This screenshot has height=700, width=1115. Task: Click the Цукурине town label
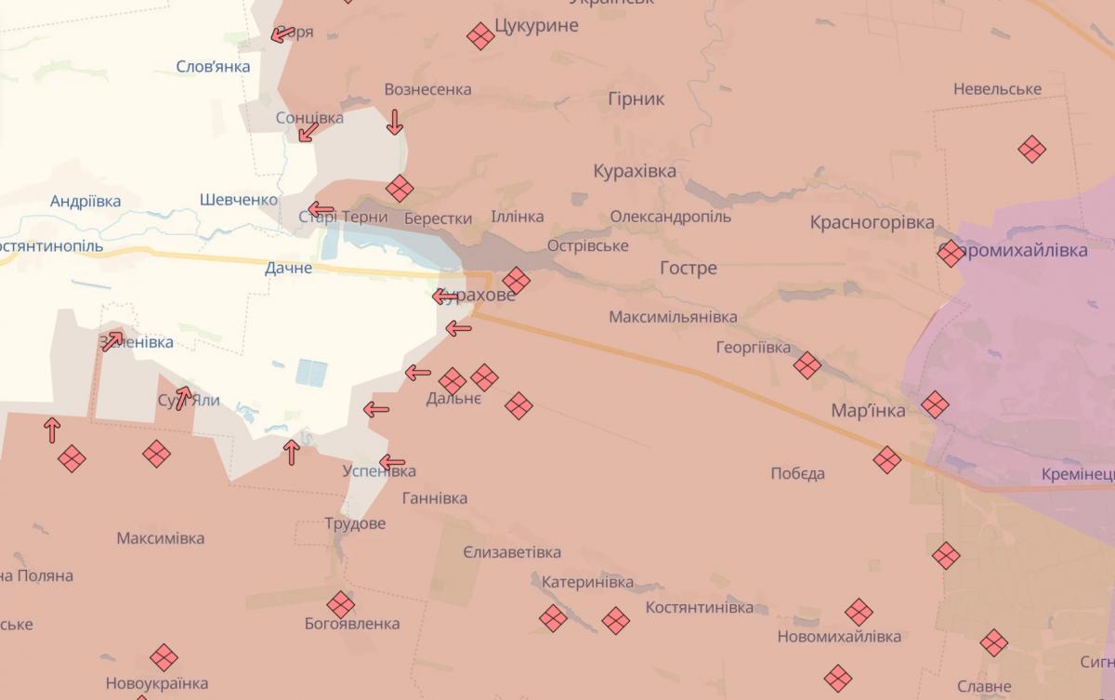[x=537, y=25]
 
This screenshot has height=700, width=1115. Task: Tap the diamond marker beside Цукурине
[x=480, y=36]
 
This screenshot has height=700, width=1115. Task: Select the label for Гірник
[x=636, y=99]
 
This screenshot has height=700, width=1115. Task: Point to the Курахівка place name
[x=635, y=171]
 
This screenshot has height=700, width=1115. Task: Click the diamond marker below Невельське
[x=1032, y=149]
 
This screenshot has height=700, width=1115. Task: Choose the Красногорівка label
[x=872, y=222]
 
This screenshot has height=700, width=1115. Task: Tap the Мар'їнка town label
[x=868, y=411]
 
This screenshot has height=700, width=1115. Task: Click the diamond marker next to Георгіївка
[x=807, y=365]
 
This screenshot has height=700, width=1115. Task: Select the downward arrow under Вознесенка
[x=395, y=122]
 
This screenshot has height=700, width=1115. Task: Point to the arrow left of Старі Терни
[x=321, y=209]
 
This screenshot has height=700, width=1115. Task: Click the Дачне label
[x=288, y=268]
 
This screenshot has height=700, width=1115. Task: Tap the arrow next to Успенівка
[x=392, y=461]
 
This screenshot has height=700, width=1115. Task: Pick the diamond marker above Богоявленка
[x=341, y=604]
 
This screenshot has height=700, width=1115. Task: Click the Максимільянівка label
[x=673, y=317]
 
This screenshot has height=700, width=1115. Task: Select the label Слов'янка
[x=213, y=67]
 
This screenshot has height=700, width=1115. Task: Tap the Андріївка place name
[x=85, y=201]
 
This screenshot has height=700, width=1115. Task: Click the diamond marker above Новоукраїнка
[x=164, y=657]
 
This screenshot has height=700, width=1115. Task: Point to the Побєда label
[x=797, y=473]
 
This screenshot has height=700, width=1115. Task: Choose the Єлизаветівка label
[x=512, y=552]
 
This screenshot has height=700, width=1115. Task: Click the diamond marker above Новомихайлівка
[x=859, y=613]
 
